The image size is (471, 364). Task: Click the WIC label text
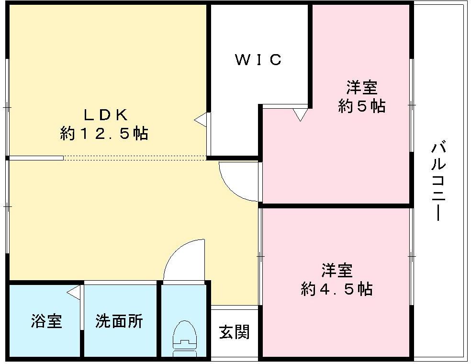point(258,60)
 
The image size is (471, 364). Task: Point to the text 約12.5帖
point(104,134)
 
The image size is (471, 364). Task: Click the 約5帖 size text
point(361,106)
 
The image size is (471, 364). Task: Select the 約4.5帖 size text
point(336,289)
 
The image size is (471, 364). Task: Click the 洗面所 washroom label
point(119,321)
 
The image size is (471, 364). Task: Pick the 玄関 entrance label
point(235,332)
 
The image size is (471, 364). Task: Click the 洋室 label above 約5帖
point(362,88)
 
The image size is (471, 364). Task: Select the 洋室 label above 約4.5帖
point(337,271)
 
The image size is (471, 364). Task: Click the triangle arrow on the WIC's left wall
point(201,119)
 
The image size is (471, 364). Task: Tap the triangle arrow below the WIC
point(300,114)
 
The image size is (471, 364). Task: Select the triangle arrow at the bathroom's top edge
point(73,292)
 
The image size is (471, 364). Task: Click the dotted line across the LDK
point(134,158)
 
